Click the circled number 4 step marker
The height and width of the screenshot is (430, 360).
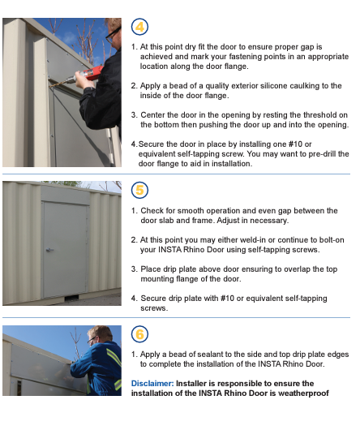139,27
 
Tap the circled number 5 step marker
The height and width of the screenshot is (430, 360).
139,190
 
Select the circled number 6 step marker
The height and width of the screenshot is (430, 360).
139,334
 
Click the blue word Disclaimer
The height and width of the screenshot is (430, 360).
152,384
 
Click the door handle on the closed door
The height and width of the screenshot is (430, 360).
49,250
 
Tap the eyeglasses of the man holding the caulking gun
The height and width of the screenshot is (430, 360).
113,35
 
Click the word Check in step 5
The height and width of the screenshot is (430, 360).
152,211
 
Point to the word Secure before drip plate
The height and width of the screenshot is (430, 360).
153,299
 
